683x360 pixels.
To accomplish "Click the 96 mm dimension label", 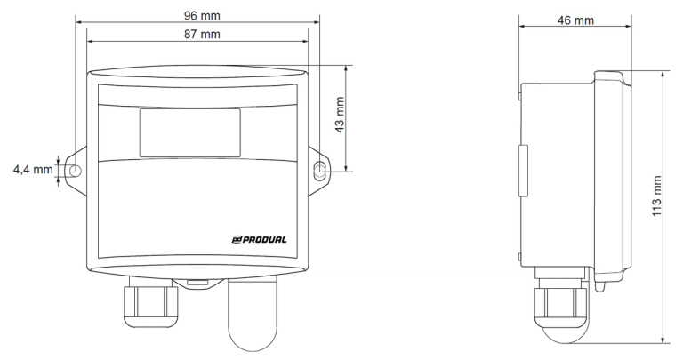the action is pyautogui.click(x=202, y=16).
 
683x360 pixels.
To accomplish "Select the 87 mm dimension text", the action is pyautogui.click(x=202, y=34).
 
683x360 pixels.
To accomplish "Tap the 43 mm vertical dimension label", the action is pyautogui.click(x=340, y=115).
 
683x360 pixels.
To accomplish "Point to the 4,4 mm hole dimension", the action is pyautogui.click(x=33, y=170).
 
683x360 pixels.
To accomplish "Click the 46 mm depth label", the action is pyautogui.click(x=575, y=20).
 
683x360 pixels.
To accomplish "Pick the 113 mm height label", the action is pyautogui.click(x=657, y=196).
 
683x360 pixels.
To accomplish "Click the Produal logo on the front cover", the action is pyautogui.click(x=259, y=239).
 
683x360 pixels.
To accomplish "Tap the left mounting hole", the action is pyautogui.click(x=76, y=170).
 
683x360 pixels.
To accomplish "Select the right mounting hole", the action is pyautogui.click(x=320, y=171).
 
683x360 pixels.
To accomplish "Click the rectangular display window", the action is pyautogui.click(x=190, y=132).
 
